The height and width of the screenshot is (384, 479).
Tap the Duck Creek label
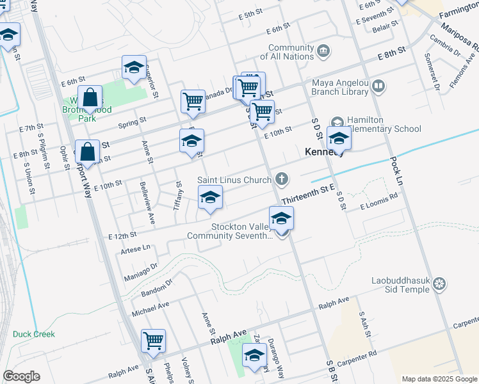click(34, 334)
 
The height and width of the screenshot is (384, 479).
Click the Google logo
click(21, 376)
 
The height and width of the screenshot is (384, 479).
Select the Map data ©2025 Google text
click(439, 379)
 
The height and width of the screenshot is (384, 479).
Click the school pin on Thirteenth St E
click(282, 220)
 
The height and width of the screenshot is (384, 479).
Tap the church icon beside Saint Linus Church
click(280, 179)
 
